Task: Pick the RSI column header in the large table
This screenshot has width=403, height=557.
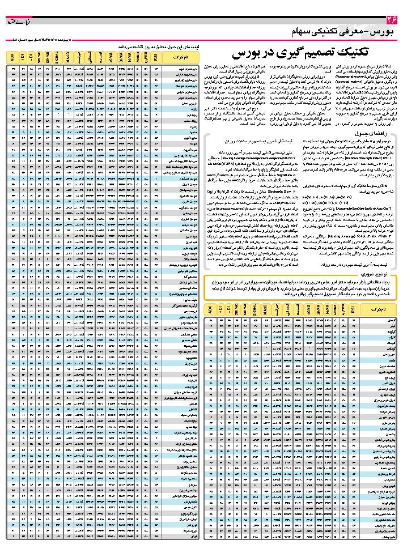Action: point(158,56)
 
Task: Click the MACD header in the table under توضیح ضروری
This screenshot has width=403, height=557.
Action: point(264,309)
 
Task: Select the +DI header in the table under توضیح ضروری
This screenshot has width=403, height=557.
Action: point(221,309)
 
